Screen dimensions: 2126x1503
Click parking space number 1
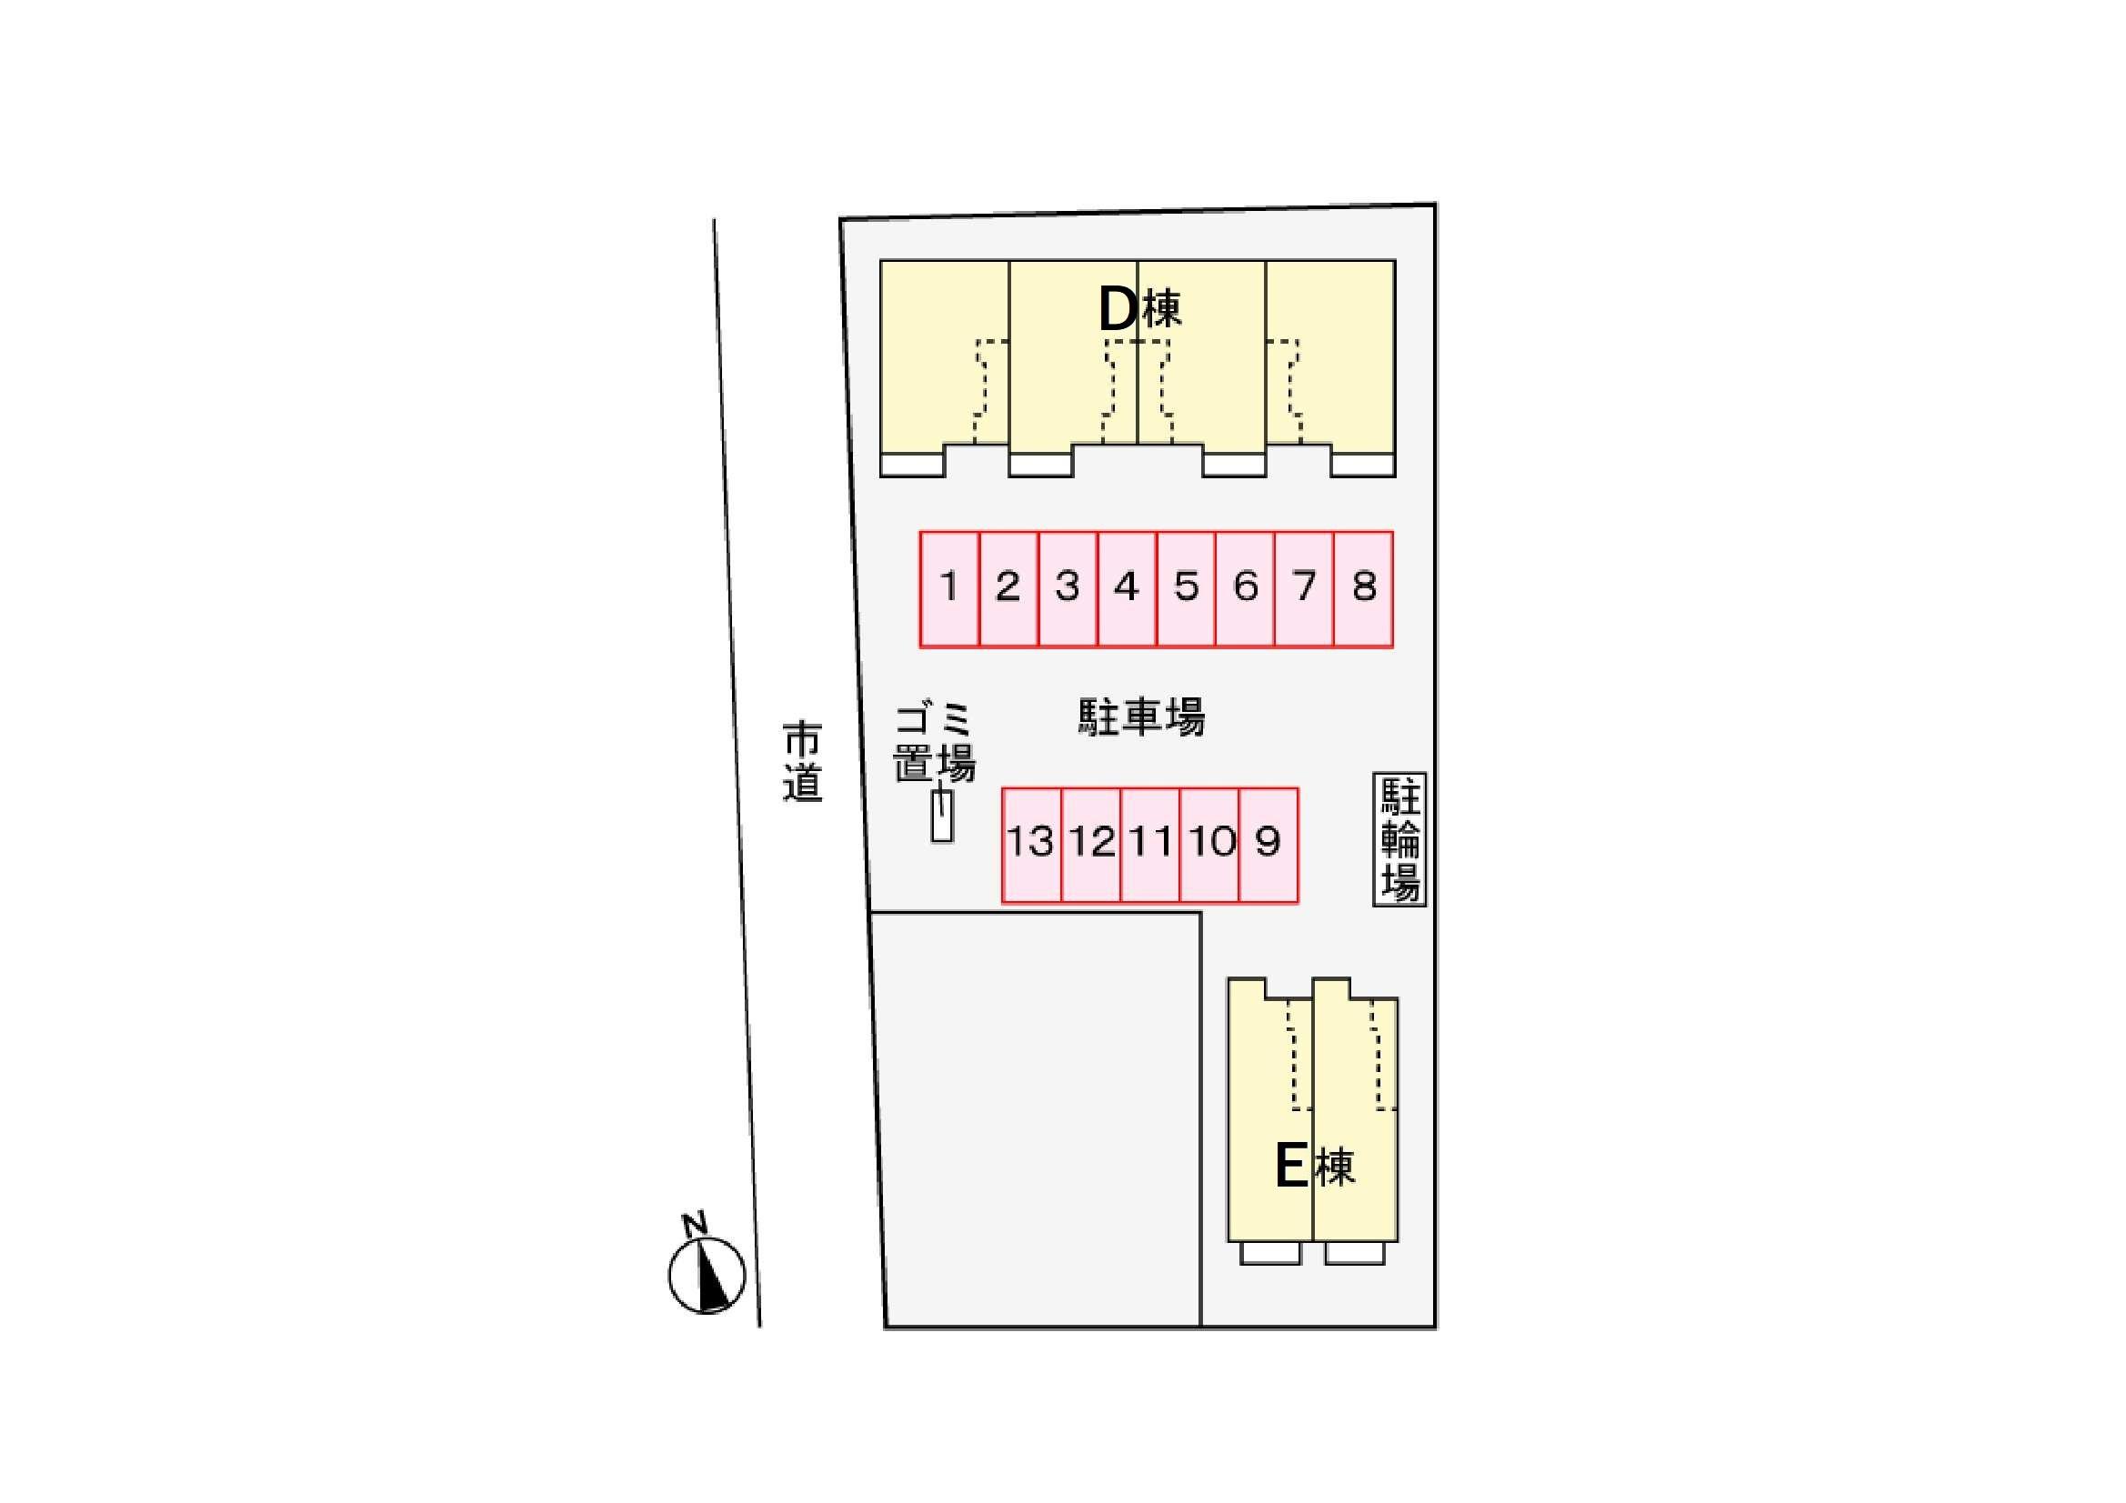(950, 589)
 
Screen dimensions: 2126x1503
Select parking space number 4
(1127, 589)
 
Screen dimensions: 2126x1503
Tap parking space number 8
(1364, 589)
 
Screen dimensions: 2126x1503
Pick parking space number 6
(1246, 589)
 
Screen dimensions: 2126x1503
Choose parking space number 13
(1031, 845)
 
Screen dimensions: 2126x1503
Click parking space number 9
(1269, 845)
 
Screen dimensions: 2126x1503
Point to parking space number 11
(1150, 845)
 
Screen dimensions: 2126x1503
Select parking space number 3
(1068, 589)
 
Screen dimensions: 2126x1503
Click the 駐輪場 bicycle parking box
(1399, 839)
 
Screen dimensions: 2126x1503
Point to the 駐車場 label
(1141, 716)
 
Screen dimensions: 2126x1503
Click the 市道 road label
(802, 761)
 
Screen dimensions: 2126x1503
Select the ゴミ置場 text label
(934, 743)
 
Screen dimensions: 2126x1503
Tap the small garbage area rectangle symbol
(942, 815)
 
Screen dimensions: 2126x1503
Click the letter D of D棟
(1118, 309)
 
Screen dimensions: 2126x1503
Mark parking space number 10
(1209, 845)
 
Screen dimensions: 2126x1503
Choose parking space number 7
(1305, 589)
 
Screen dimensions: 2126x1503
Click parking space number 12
(1091, 845)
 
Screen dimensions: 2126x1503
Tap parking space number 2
(1008, 589)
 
